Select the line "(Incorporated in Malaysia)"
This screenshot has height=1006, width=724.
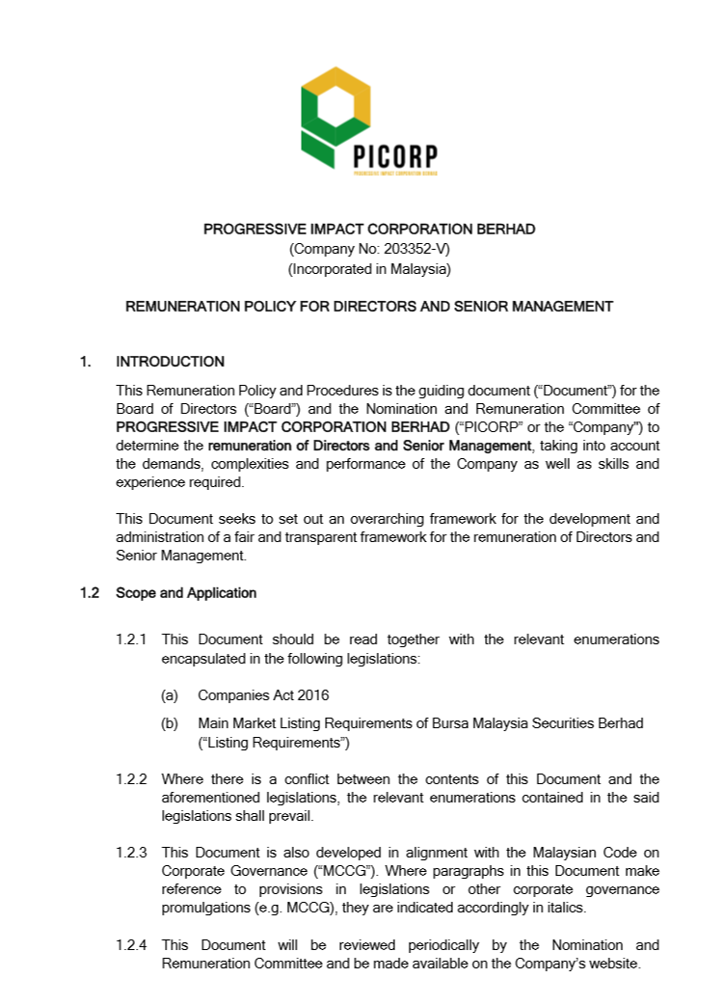click(x=369, y=269)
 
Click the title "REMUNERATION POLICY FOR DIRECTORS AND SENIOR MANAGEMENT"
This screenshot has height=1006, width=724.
click(x=369, y=307)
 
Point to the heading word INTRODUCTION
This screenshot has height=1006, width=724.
click(x=170, y=362)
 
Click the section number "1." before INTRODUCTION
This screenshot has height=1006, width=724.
click(x=86, y=362)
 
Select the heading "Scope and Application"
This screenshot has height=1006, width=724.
click(x=186, y=593)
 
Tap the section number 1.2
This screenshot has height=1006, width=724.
click(x=90, y=593)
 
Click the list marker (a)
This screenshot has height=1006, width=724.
click(x=169, y=694)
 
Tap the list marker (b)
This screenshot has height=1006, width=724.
click(x=169, y=723)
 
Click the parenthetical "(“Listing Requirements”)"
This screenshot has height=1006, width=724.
click(x=274, y=743)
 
